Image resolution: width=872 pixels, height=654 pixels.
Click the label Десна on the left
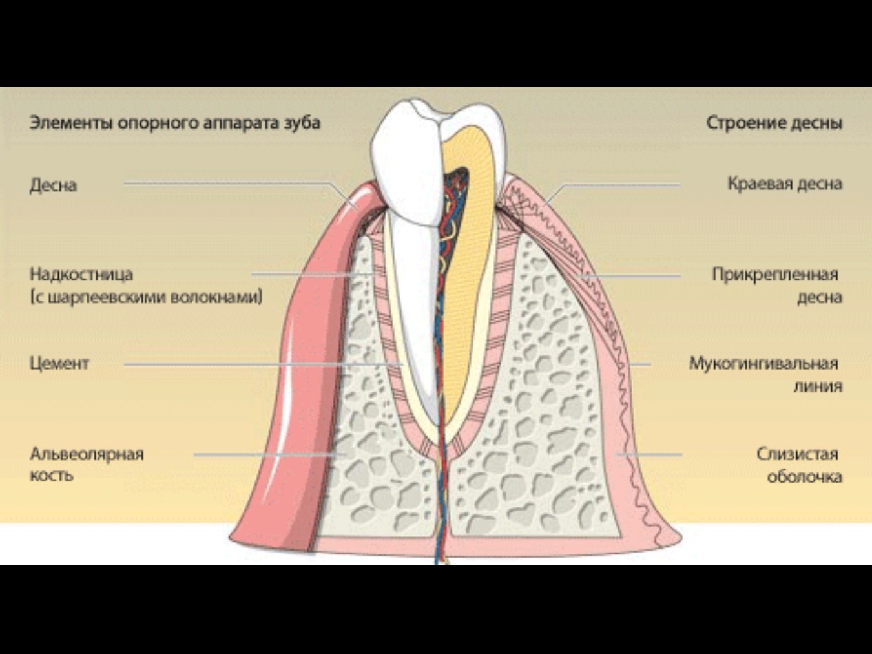[53, 185]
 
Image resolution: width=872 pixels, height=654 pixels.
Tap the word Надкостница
[81, 274]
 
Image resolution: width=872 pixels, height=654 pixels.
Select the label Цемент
[59, 364]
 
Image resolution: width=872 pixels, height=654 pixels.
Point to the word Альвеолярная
[87, 454]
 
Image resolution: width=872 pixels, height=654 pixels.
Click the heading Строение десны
[774, 123]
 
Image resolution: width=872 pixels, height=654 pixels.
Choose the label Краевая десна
[785, 184]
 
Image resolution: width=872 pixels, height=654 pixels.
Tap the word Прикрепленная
[775, 274]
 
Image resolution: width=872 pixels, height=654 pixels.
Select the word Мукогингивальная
[763, 364]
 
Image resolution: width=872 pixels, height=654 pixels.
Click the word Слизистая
[797, 454]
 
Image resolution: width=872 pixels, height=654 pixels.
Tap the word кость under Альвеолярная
[52, 475]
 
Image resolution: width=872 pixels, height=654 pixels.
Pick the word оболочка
[804, 476]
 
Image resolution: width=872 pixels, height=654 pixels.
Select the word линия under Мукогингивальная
[818, 386]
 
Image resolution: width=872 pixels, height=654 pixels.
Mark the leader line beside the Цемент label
[264, 364]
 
